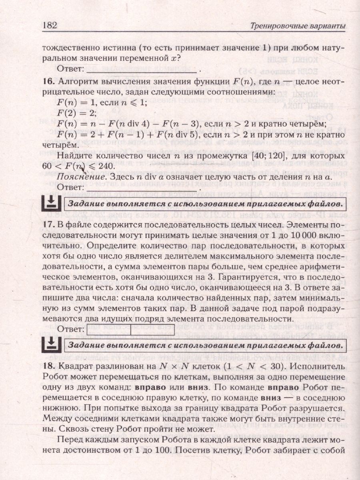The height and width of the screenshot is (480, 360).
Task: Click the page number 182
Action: pos(50,25)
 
